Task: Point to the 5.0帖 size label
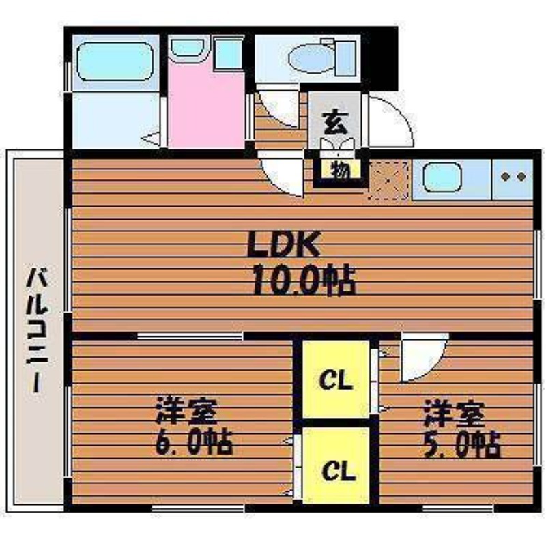click(x=462, y=444)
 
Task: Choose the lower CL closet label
click(x=338, y=471)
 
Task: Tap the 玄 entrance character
click(x=335, y=123)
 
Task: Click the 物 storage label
click(x=340, y=170)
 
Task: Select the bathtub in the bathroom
click(x=115, y=61)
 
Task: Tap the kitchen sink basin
click(x=442, y=178)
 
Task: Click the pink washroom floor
click(x=207, y=104)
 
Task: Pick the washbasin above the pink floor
click(x=188, y=48)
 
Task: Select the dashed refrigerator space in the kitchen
click(x=388, y=180)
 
